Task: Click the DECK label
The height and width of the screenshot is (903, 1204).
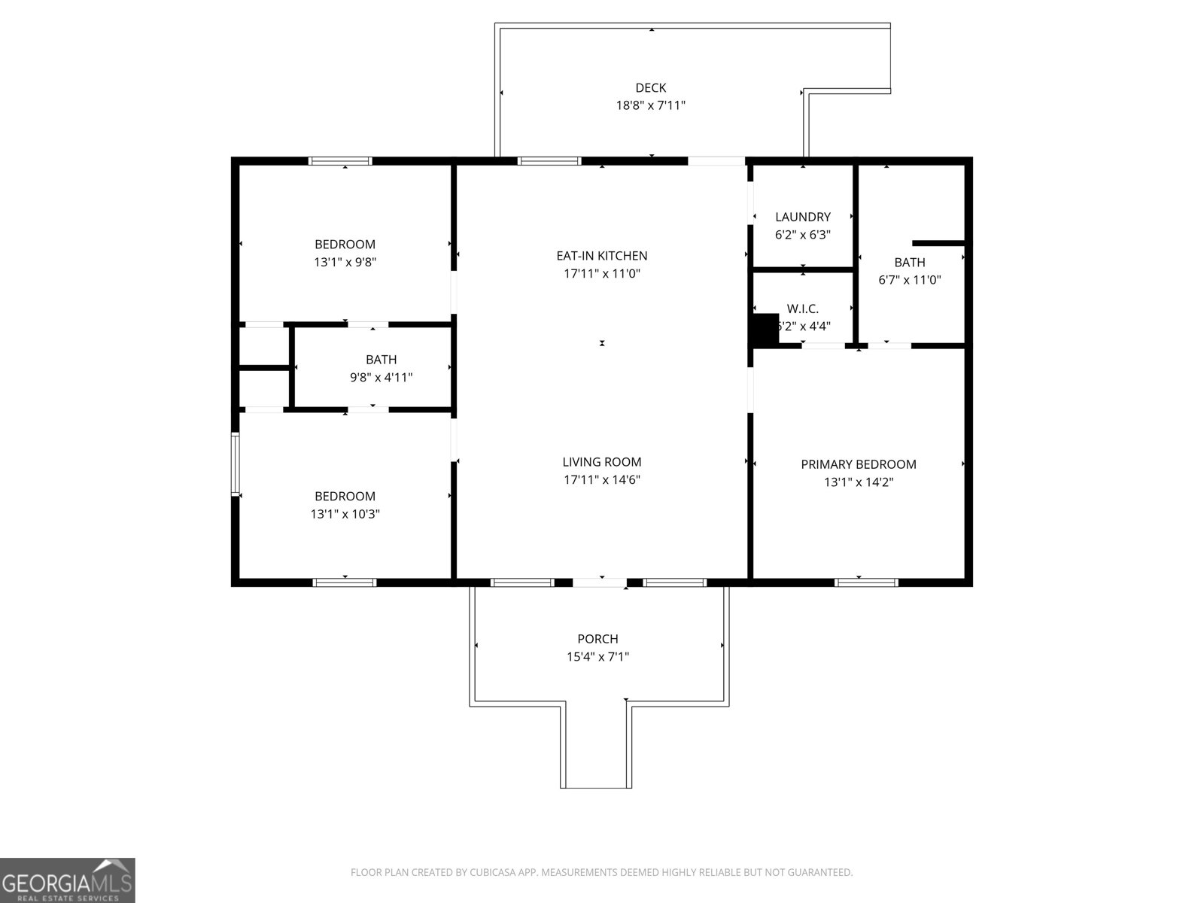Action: tap(650, 88)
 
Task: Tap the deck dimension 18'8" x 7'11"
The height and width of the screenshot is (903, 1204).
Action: tap(650, 105)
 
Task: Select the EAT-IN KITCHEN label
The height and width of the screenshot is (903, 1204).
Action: tap(601, 256)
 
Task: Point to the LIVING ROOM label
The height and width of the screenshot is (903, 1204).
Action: tap(601, 462)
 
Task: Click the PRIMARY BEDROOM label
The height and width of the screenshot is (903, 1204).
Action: tap(858, 464)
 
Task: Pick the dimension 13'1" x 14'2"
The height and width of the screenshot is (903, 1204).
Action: tap(858, 482)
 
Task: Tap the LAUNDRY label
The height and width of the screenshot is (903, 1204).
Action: tap(802, 217)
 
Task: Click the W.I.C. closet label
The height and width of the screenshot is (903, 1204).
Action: tap(802, 309)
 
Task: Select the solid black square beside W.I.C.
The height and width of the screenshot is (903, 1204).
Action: tap(765, 330)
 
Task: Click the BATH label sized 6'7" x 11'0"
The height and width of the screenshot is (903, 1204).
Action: tap(909, 263)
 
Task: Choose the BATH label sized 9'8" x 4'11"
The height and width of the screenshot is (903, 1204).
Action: tap(381, 360)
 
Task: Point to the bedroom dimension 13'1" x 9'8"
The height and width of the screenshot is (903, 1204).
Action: tap(345, 263)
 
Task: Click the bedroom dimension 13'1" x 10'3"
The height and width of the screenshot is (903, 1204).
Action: tap(345, 514)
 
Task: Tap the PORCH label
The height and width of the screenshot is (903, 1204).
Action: tap(597, 639)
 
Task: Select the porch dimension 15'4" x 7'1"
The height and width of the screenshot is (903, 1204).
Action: tap(597, 657)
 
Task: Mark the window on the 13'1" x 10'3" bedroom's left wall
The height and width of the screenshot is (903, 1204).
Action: tap(235, 464)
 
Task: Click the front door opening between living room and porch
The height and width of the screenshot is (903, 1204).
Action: tap(599, 582)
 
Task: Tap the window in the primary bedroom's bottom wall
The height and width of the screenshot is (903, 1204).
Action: tap(866, 582)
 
